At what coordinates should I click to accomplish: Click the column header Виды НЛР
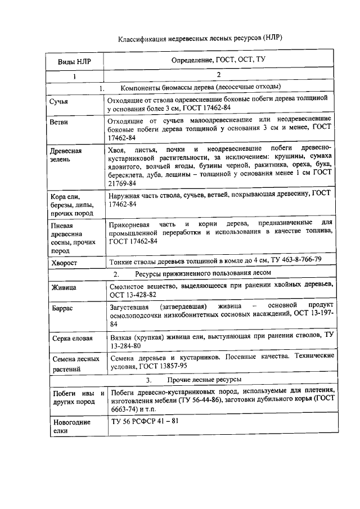tap(74, 61)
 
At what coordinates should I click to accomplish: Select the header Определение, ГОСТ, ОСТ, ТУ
tap(218, 60)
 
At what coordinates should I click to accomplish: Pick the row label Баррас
tap(61, 310)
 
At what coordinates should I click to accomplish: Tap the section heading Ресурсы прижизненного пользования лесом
tap(203, 273)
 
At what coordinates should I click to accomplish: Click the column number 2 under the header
tap(218, 75)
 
